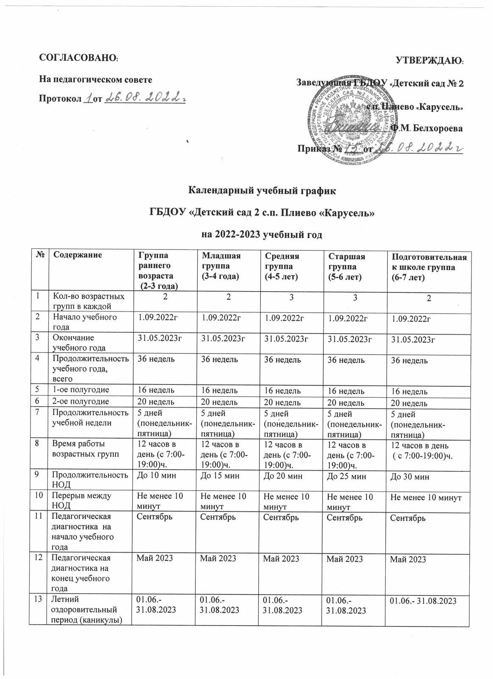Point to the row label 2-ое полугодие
(79, 401)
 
